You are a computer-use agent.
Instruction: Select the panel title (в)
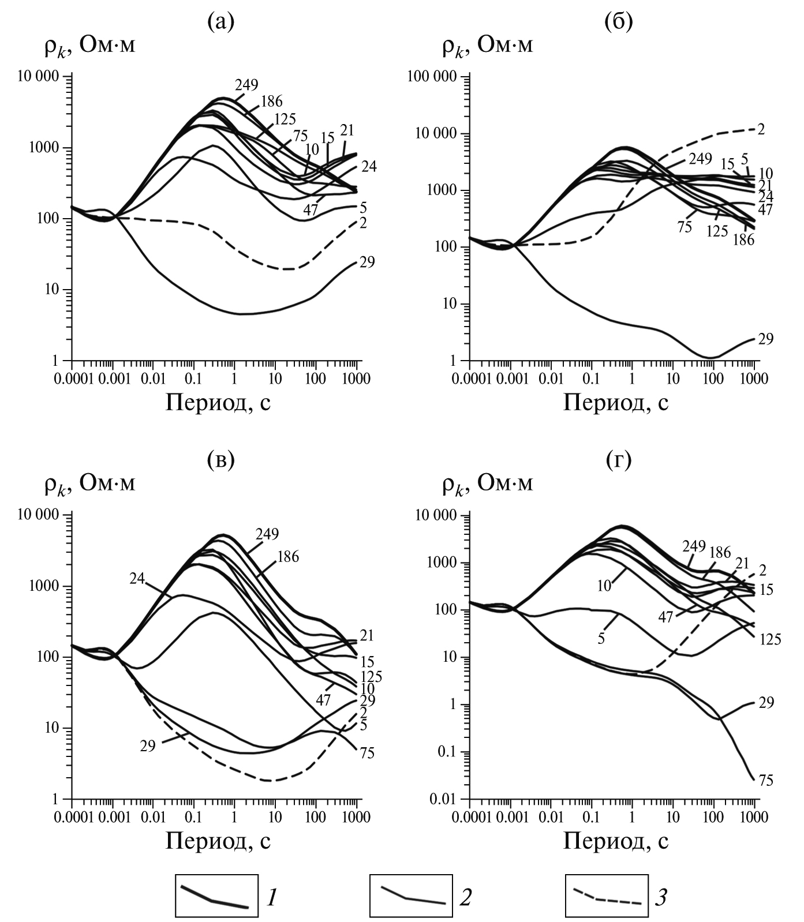(220, 460)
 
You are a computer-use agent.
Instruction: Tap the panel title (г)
(618, 460)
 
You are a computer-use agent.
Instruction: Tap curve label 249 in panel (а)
(246, 85)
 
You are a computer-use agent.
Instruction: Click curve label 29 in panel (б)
(765, 339)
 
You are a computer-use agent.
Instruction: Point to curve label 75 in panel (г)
(765, 781)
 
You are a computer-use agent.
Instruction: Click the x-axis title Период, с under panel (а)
(218, 402)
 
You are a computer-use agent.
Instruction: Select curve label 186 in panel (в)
(287, 557)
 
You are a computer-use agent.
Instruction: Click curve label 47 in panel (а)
(311, 210)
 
